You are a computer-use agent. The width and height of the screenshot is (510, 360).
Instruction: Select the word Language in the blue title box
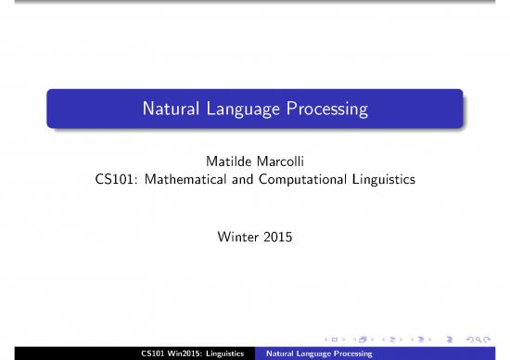coord(244,110)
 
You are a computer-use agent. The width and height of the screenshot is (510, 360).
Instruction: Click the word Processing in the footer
coord(351,354)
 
